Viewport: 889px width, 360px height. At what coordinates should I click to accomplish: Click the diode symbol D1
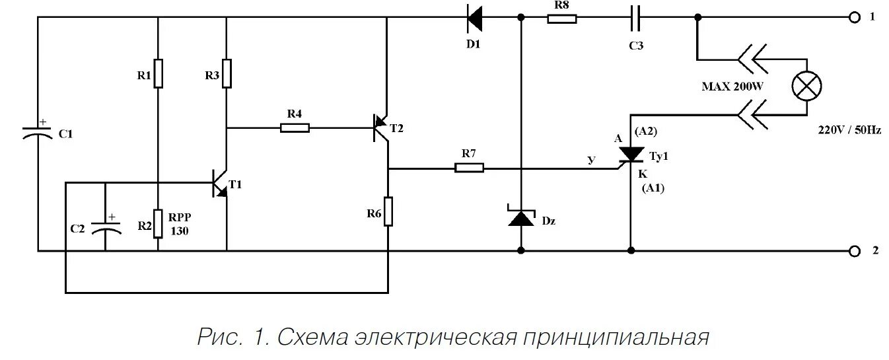pyautogui.click(x=475, y=18)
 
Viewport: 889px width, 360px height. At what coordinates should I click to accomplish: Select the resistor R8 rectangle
pyautogui.click(x=561, y=18)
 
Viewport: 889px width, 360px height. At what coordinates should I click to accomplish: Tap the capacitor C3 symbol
pyautogui.click(x=635, y=18)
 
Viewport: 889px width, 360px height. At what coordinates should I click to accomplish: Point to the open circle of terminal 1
pyautogui.click(x=854, y=18)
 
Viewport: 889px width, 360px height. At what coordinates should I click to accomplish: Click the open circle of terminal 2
pyautogui.click(x=854, y=251)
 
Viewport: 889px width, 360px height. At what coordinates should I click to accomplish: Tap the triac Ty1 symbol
pyautogui.click(x=631, y=155)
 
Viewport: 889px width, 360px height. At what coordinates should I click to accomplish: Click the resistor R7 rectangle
pyautogui.click(x=469, y=168)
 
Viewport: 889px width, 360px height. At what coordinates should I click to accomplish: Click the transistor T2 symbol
pyautogui.click(x=381, y=127)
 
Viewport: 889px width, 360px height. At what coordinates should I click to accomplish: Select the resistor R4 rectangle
pyautogui.click(x=295, y=127)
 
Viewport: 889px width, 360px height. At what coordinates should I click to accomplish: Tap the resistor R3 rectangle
pyautogui.click(x=227, y=73)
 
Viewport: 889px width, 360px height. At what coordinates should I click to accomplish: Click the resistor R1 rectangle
pyautogui.click(x=159, y=73)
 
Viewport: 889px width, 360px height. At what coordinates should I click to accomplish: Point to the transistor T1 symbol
pyautogui.click(x=219, y=183)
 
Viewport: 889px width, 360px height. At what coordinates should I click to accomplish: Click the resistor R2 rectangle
pyautogui.click(x=159, y=223)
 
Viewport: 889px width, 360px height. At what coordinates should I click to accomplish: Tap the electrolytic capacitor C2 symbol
pyautogui.click(x=106, y=225)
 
